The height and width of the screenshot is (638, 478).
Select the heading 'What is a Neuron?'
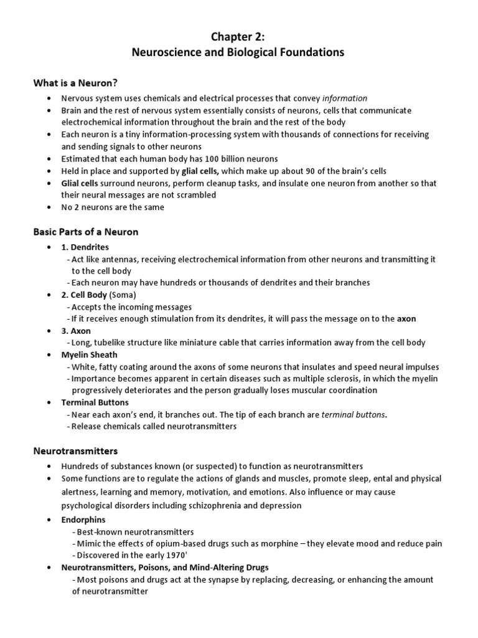tap(75, 83)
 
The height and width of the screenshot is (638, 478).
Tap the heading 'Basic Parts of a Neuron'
tap(85, 232)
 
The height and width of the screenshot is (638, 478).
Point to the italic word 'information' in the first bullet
tap(345, 98)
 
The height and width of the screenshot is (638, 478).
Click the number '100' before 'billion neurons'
tap(205, 158)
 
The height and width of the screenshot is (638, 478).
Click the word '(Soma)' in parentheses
tap(123, 295)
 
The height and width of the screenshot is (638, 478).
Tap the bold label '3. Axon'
tap(76, 330)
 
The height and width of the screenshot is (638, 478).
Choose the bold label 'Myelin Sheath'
tap(88, 355)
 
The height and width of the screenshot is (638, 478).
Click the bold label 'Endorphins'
tap(83, 519)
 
